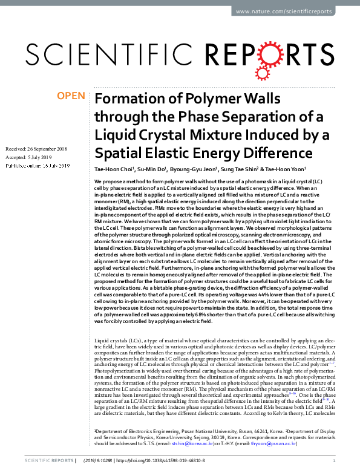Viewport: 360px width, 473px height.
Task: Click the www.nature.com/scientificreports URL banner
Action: [x=290, y=11]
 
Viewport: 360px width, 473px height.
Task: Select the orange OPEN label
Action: [x=71, y=96]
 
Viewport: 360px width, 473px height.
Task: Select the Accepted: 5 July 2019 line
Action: [x=30, y=157]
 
